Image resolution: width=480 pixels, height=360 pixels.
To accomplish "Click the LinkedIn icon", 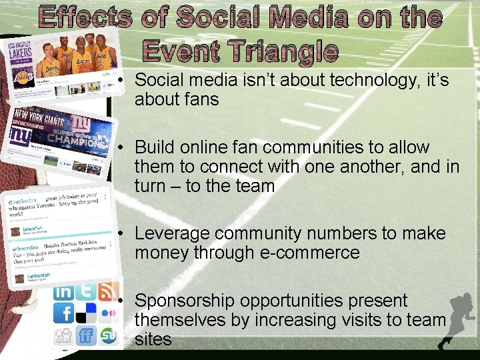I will pos(64,291).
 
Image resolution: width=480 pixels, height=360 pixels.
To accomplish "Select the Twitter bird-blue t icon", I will pos(85,291).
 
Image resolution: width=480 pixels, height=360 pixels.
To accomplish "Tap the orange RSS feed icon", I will pos(107,291).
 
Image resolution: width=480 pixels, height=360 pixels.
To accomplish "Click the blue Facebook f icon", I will pos(65,313).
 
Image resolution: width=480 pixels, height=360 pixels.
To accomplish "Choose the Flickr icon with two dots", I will pos(107,313).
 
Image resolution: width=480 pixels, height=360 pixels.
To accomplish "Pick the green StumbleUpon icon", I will pos(107,335).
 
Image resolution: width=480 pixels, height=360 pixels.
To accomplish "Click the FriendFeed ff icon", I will pos(86,335).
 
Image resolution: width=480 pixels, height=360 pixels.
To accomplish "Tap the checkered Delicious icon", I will pos(86,313).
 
